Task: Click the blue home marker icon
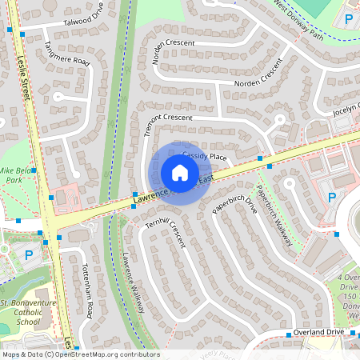pos(179,172)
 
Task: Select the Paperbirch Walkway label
pos(274,214)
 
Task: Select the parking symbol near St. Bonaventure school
pos(30,255)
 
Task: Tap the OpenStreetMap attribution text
pos(80,354)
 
